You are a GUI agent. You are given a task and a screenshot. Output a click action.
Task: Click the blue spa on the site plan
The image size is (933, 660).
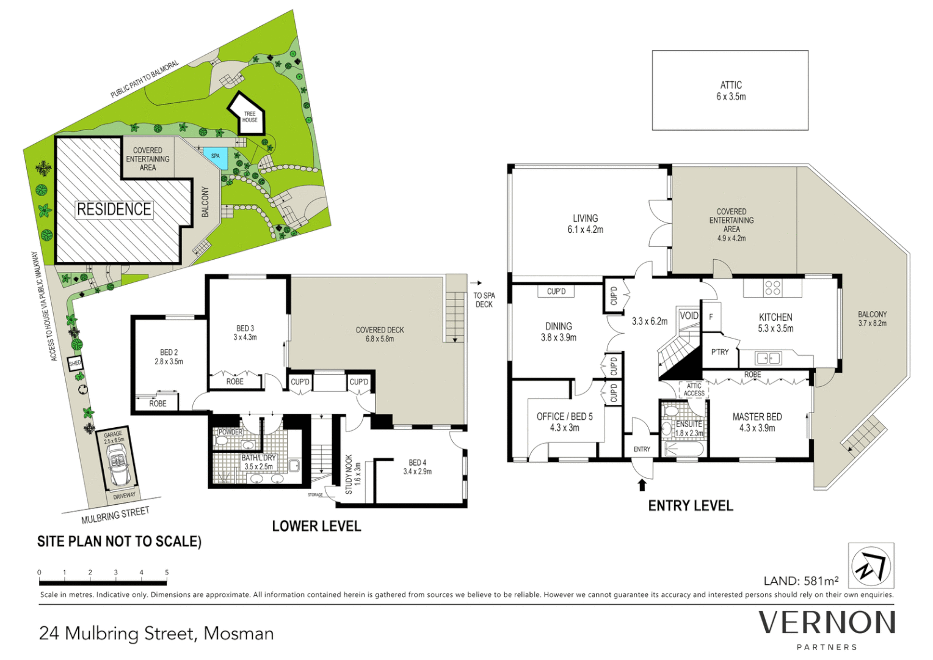[216, 158]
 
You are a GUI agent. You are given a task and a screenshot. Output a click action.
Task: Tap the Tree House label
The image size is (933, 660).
[250, 117]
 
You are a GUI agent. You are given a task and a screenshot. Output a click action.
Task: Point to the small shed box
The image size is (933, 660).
[75, 364]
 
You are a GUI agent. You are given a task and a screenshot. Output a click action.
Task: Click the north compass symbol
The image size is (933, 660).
[871, 566]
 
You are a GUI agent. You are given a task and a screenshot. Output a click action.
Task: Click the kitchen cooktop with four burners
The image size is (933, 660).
[772, 287]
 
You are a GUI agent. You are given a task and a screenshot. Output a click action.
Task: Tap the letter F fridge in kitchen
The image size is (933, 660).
[711, 317]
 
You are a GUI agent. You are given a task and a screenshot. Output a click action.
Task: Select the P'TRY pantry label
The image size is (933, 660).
[720, 352]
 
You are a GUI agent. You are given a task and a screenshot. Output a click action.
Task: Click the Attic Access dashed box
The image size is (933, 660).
[694, 389]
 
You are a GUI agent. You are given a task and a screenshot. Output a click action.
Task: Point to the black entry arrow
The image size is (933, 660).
[642, 485]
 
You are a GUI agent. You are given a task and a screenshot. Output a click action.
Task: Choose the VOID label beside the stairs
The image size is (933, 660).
[689, 315]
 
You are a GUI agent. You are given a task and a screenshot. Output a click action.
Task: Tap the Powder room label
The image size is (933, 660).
[230, 432]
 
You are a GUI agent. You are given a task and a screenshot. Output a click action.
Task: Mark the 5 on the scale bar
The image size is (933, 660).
[167, 573]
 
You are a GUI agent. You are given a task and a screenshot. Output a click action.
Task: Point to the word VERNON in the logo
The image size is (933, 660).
[827, 623]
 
